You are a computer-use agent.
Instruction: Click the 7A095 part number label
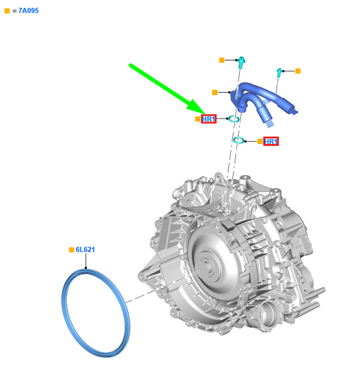coord(28,11)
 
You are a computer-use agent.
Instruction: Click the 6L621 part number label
coord(85,249)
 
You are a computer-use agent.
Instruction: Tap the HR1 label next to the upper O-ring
coord(209,119)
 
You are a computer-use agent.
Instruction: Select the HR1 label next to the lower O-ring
coord(271,141)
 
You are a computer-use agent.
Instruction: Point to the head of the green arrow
coord(205,114)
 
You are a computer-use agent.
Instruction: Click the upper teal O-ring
coord(234,119)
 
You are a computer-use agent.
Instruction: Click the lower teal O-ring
coord(239,140)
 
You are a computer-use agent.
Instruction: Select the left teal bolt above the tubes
coord(241,62)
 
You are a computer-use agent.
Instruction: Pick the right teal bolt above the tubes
coord(279,72)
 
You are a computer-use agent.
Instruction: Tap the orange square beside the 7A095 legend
coord(7,11)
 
